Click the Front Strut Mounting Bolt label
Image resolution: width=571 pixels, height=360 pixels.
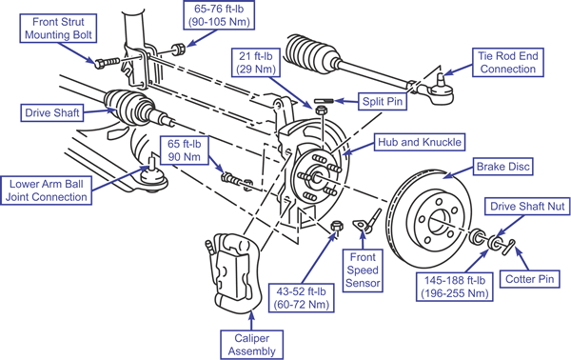pos(58,29)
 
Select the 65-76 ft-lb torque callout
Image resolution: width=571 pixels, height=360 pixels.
pos(219,15)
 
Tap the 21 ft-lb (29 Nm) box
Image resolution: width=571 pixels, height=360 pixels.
pos(256,62)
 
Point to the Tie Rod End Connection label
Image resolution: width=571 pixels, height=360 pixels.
pos(508,62)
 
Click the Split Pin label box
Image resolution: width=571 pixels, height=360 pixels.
pos(383,101)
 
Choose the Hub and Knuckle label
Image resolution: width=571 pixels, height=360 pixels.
pos(420,142)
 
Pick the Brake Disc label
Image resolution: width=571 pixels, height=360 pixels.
pos(502,167)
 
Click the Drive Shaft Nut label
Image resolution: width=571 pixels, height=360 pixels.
pos(527,207)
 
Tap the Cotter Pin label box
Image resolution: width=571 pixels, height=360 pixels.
pos(529,279)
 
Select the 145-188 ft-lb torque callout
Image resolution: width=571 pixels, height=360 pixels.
pos(455,287)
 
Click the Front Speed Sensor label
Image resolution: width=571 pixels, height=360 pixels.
pos(363,270)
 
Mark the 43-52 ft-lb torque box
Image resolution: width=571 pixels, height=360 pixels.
pos(302,298)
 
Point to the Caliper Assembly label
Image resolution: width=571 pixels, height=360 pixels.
pos(251,345)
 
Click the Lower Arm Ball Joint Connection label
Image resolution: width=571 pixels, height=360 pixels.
pos(47,190)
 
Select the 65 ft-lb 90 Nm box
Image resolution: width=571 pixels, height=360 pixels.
pos(185,150)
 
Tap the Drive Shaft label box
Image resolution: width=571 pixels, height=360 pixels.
pos(51,113)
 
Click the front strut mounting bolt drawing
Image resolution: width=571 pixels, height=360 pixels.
pos(107,63)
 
